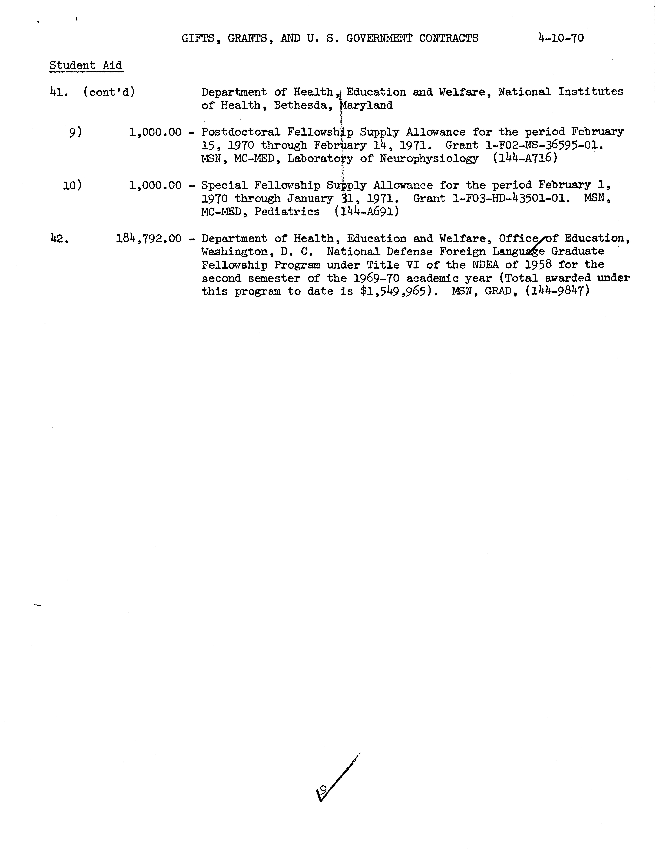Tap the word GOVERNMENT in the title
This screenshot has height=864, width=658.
pyautogui.click(x=379, y=38)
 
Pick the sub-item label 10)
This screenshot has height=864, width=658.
pyautogui.click(x=72, y=185)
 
